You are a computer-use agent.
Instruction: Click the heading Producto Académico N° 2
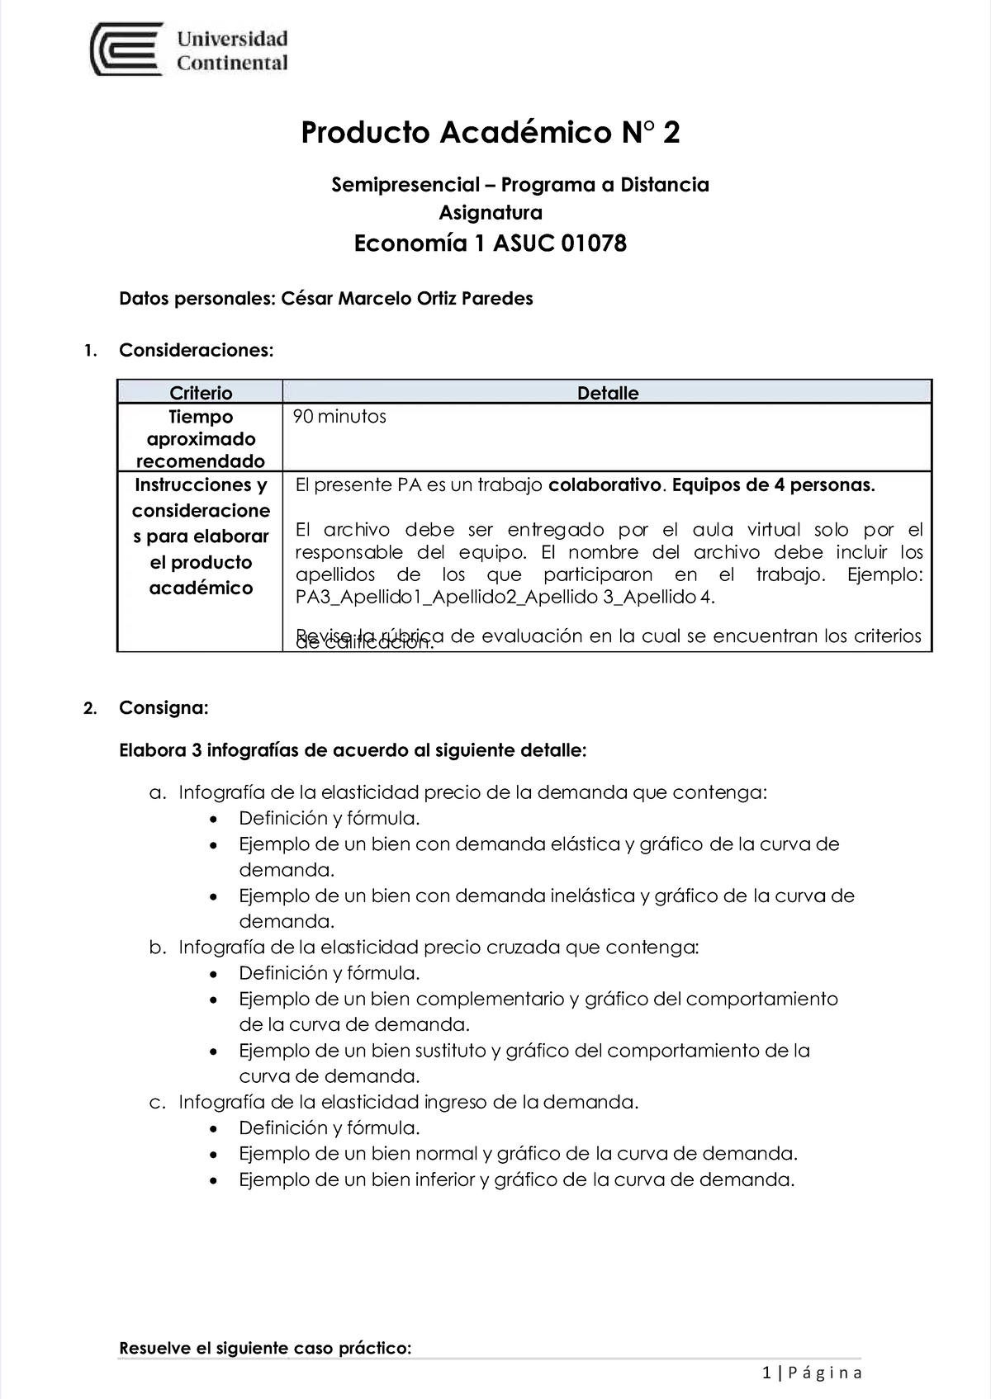(491, 132)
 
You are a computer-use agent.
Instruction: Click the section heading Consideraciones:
(196, 350)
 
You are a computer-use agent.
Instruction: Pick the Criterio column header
(201, 393)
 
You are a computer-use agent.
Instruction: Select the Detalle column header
(607, 393)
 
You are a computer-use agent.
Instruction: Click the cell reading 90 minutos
(340, 416)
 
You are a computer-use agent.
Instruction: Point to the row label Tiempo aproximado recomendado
(201, 438)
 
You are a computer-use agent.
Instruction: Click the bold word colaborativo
(605, 485)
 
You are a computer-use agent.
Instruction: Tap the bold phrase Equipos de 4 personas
(774, 485)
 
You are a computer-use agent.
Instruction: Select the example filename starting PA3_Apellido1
(505, 597)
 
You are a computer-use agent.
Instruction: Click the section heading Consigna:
(164, 707)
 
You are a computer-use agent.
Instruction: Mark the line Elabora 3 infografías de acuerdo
(353, 751)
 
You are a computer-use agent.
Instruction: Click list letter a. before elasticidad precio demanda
(157, 793)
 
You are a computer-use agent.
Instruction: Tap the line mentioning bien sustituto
(524, 1051)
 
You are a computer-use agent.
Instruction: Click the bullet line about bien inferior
(516, 1179)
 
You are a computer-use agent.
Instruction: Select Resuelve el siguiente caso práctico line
(265, 1349)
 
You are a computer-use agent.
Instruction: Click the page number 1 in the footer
(767, 1373)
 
